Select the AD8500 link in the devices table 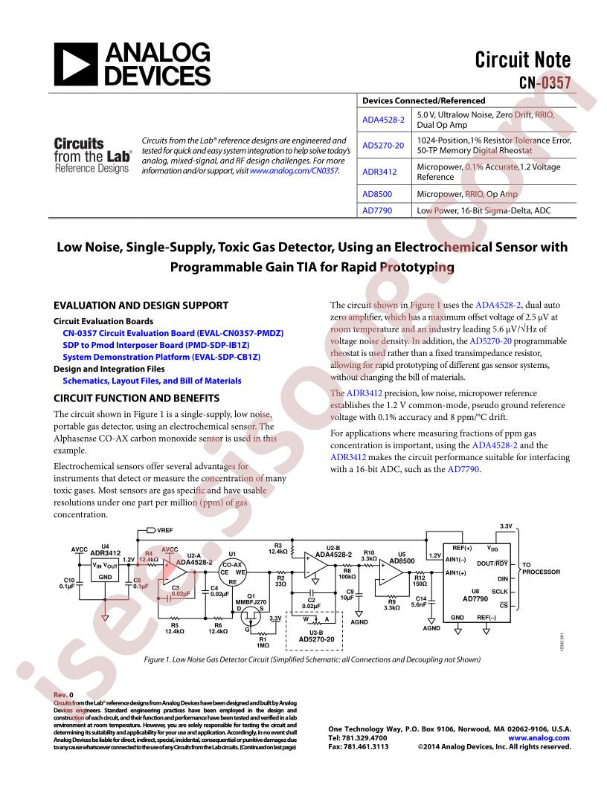tap(378, 193)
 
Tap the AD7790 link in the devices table tap(378, 211)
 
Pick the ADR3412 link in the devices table tap(379, 172)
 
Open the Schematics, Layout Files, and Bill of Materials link tap(152, 381)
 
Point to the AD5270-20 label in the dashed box tap(316, 639)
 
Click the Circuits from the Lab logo tap(93, 155)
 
